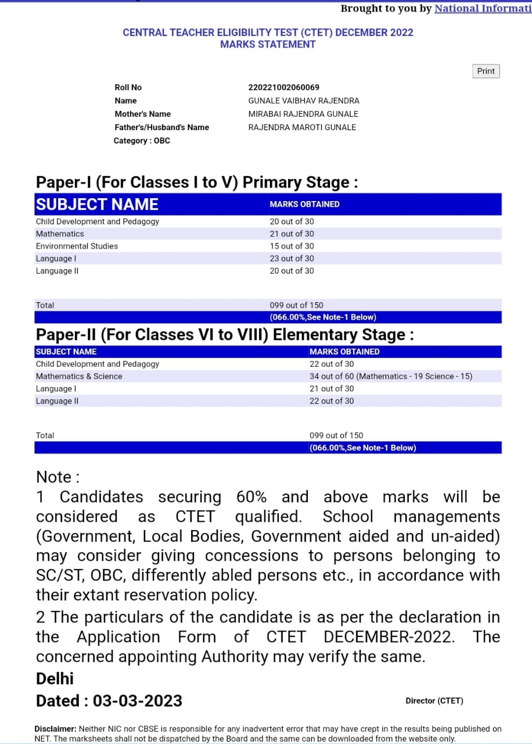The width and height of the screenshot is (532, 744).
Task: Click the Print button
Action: tap(486, 71)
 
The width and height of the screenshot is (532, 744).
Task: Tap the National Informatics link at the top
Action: tap(483, 8)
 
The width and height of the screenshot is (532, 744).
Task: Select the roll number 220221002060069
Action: tap(283, 87)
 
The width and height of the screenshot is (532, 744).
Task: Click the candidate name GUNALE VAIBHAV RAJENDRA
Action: tap(303, 101)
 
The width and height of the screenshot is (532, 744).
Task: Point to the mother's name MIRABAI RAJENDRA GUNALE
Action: tap(303, 114)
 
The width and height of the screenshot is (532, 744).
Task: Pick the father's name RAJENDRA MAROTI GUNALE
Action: tap(302, 127)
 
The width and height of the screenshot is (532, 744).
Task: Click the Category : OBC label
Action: tap(142, 141)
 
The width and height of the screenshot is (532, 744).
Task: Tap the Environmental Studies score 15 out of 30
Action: tap(292, 246)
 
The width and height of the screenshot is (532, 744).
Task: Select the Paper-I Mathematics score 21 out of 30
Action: tap(292, 234)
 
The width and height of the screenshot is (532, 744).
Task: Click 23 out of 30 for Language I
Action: tap(292, 258)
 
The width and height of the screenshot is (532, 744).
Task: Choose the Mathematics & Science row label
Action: tap(79, 376)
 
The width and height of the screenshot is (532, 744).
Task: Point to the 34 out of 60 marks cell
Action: tap(390, 376)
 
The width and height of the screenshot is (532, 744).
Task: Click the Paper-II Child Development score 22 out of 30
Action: tap(331, 364)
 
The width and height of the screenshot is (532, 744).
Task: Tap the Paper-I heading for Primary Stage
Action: tap(197, 182)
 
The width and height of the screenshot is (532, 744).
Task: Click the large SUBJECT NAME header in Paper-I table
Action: tap(97, 204)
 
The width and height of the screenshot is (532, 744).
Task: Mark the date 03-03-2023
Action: tap(138, 700)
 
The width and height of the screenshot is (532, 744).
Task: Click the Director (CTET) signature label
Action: tap(434, 700)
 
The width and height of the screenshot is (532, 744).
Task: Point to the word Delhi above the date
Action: tap(55, 678)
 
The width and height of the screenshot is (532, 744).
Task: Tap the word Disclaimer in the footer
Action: tap(55, 728)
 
